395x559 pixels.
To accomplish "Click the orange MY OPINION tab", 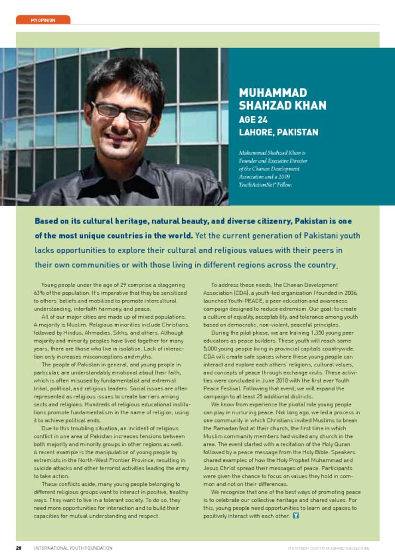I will (43, 20).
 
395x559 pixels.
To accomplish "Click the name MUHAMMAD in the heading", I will (273, 93).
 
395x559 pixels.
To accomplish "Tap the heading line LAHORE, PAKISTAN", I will (278, 133).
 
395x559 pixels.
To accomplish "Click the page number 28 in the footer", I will (18, 548).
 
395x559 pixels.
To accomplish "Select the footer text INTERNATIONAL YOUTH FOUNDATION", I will (73, 548).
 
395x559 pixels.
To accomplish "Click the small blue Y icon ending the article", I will (296, 516).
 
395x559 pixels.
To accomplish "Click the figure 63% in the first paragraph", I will (39, 293).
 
